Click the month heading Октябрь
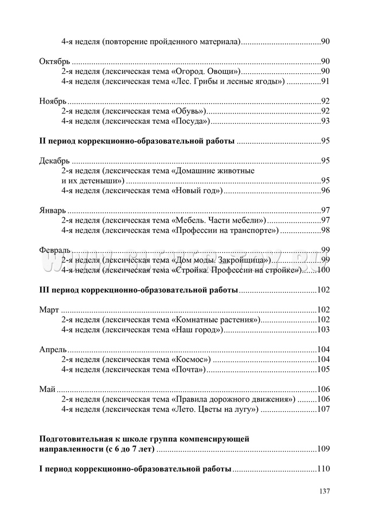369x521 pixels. (55, 61)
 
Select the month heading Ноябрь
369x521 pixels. (53, 101)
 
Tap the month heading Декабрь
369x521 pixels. (55, 161)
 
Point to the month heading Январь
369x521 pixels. (53, 211)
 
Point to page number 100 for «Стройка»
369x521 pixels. (323, 270)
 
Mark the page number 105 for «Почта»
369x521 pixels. (323, 370)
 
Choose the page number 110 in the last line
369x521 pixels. (323, 469)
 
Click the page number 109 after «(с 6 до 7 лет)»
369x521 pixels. (323, 449)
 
